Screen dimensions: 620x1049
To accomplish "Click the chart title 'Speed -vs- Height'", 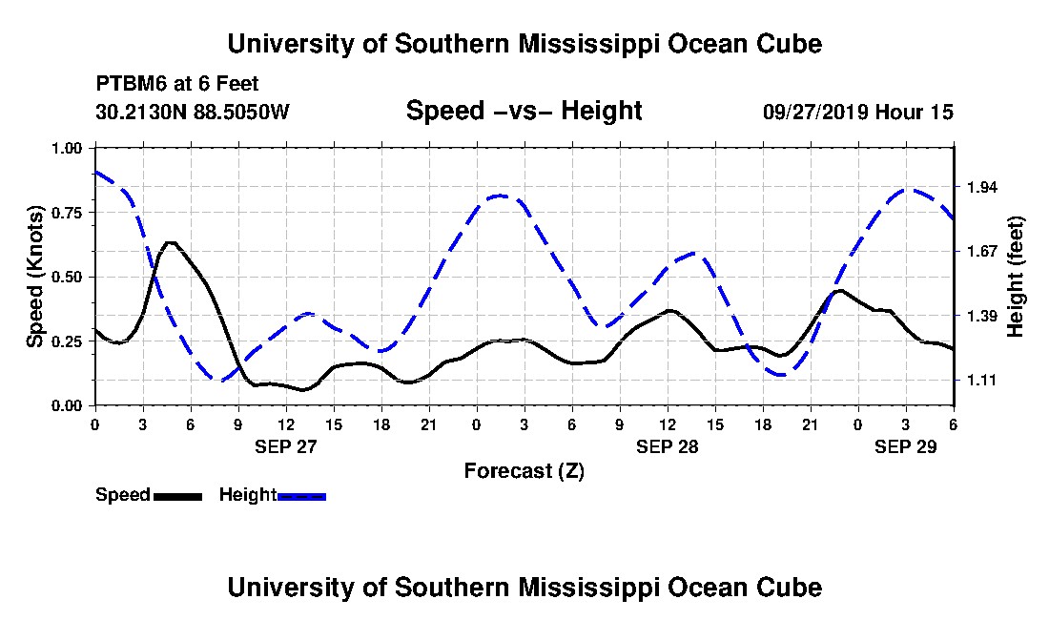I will coord(524,111).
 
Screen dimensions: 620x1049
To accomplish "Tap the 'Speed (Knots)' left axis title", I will coord(34,277).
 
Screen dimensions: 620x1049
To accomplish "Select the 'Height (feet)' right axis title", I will coord(1016,277).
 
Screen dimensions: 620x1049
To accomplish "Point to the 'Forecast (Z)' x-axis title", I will coord(524,470).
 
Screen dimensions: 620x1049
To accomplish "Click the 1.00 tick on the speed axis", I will coord(68,148).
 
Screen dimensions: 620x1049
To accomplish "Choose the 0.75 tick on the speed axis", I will coord(68,213).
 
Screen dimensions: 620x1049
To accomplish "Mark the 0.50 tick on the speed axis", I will coord(68,277).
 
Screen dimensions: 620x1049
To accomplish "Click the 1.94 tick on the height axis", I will coord(981,187).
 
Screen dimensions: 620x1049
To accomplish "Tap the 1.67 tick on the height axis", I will coord(981,252).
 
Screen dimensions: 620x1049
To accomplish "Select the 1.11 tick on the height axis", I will coord(981,381).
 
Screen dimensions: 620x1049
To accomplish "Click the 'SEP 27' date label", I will coord(285,445).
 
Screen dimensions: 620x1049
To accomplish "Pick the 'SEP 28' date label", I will coord(668,445).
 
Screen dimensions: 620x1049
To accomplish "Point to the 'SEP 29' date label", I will coord(906,445).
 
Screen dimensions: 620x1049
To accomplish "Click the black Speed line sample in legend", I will coord(177,496).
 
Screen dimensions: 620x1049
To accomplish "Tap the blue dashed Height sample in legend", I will coord(301,496).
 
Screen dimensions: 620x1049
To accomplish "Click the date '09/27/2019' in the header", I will coord(813,112).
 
